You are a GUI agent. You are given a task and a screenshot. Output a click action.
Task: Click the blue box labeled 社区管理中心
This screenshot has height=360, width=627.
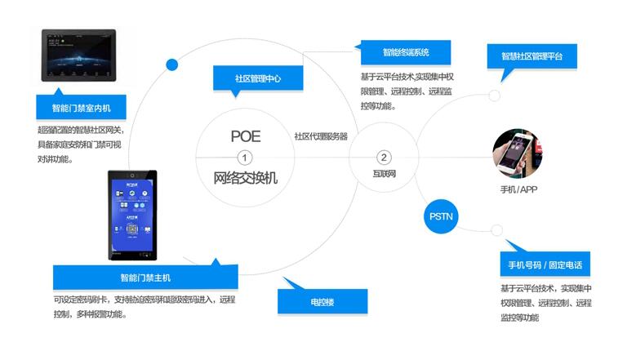[x=258, y=78]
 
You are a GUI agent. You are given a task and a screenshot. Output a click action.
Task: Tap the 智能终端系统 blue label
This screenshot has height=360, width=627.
[x=406, y=51]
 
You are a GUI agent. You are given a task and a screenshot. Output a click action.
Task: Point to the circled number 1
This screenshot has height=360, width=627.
[x=244, y=157]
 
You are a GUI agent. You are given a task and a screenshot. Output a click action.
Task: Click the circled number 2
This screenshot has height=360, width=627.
[x=384, y=157]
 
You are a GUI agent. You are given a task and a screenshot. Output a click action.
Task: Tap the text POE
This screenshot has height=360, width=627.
[x=245, y=136]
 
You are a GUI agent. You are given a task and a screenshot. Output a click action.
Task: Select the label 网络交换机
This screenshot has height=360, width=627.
[x=245, y=177]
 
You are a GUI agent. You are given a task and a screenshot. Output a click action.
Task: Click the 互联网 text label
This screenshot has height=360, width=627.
[x=384, y=175]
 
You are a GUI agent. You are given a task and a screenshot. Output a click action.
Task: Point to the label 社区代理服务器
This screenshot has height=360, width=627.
[x=321, y=136]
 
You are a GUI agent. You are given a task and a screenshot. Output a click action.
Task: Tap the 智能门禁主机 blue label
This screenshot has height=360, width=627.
[x=145, y=277]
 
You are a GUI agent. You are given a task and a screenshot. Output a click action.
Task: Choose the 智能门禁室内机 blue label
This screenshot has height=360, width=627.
[x=82, y=107]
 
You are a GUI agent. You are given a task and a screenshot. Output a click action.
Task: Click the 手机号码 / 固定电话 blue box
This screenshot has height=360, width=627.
[x=545, y=266]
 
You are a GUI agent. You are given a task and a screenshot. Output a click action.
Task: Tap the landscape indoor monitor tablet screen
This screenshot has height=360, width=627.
[x=78, y=55]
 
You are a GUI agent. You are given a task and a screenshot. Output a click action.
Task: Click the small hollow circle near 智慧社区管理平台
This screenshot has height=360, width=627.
[x=495, y=96]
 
